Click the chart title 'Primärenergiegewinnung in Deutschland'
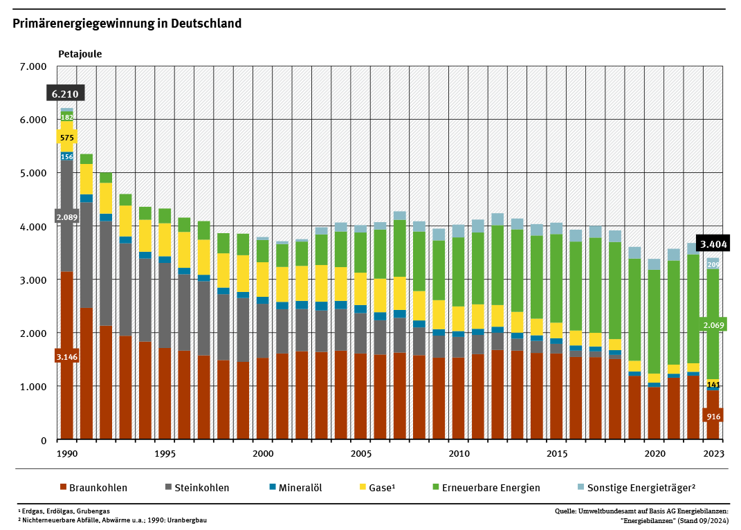coord(127,24)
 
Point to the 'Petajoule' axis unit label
coord(80,53)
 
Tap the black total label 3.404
coord(713,244)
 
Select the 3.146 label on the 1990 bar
coord(67,356)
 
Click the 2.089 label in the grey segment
coord(67,217)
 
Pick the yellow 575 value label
coord(67,138)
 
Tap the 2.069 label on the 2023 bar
coord(713,325)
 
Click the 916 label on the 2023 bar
coord(713,416)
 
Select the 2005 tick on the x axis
coord(360,454)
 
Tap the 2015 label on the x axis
coord(556,454)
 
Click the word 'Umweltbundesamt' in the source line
coord(608,511)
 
